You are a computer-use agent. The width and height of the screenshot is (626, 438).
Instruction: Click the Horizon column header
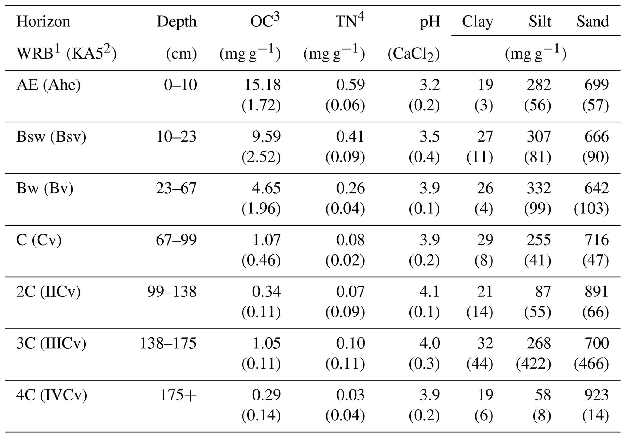tap(43, 22)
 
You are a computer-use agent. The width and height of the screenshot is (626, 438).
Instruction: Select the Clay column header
tap(477, 22)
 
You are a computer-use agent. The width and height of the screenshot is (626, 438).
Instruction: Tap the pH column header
tap(429, 22)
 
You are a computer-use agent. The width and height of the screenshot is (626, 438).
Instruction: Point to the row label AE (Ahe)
tap(48, 85)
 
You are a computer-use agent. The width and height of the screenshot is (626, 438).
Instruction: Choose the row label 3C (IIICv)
tap(51, 343)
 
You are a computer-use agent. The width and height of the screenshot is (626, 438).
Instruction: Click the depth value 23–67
tap(176, 188)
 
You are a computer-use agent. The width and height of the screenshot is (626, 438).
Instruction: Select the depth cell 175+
tap(178, 395)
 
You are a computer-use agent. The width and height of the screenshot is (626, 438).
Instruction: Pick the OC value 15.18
tap(262, 85)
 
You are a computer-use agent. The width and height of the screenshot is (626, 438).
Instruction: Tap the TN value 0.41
tap(350, 137)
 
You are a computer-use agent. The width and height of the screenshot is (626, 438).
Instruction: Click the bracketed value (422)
tap(533, 364)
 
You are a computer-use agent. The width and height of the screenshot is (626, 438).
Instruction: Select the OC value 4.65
tap(266, 188)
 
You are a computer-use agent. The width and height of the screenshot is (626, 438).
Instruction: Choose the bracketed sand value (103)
tap(591, 209)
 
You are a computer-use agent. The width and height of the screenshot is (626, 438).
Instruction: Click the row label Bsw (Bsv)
tap(51, 137)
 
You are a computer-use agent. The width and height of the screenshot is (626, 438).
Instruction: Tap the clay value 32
tap(485, 343)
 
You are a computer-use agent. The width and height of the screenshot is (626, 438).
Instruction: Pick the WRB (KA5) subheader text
tap(66, 54)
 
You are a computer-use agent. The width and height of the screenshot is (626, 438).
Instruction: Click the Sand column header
tap(592, 22)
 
